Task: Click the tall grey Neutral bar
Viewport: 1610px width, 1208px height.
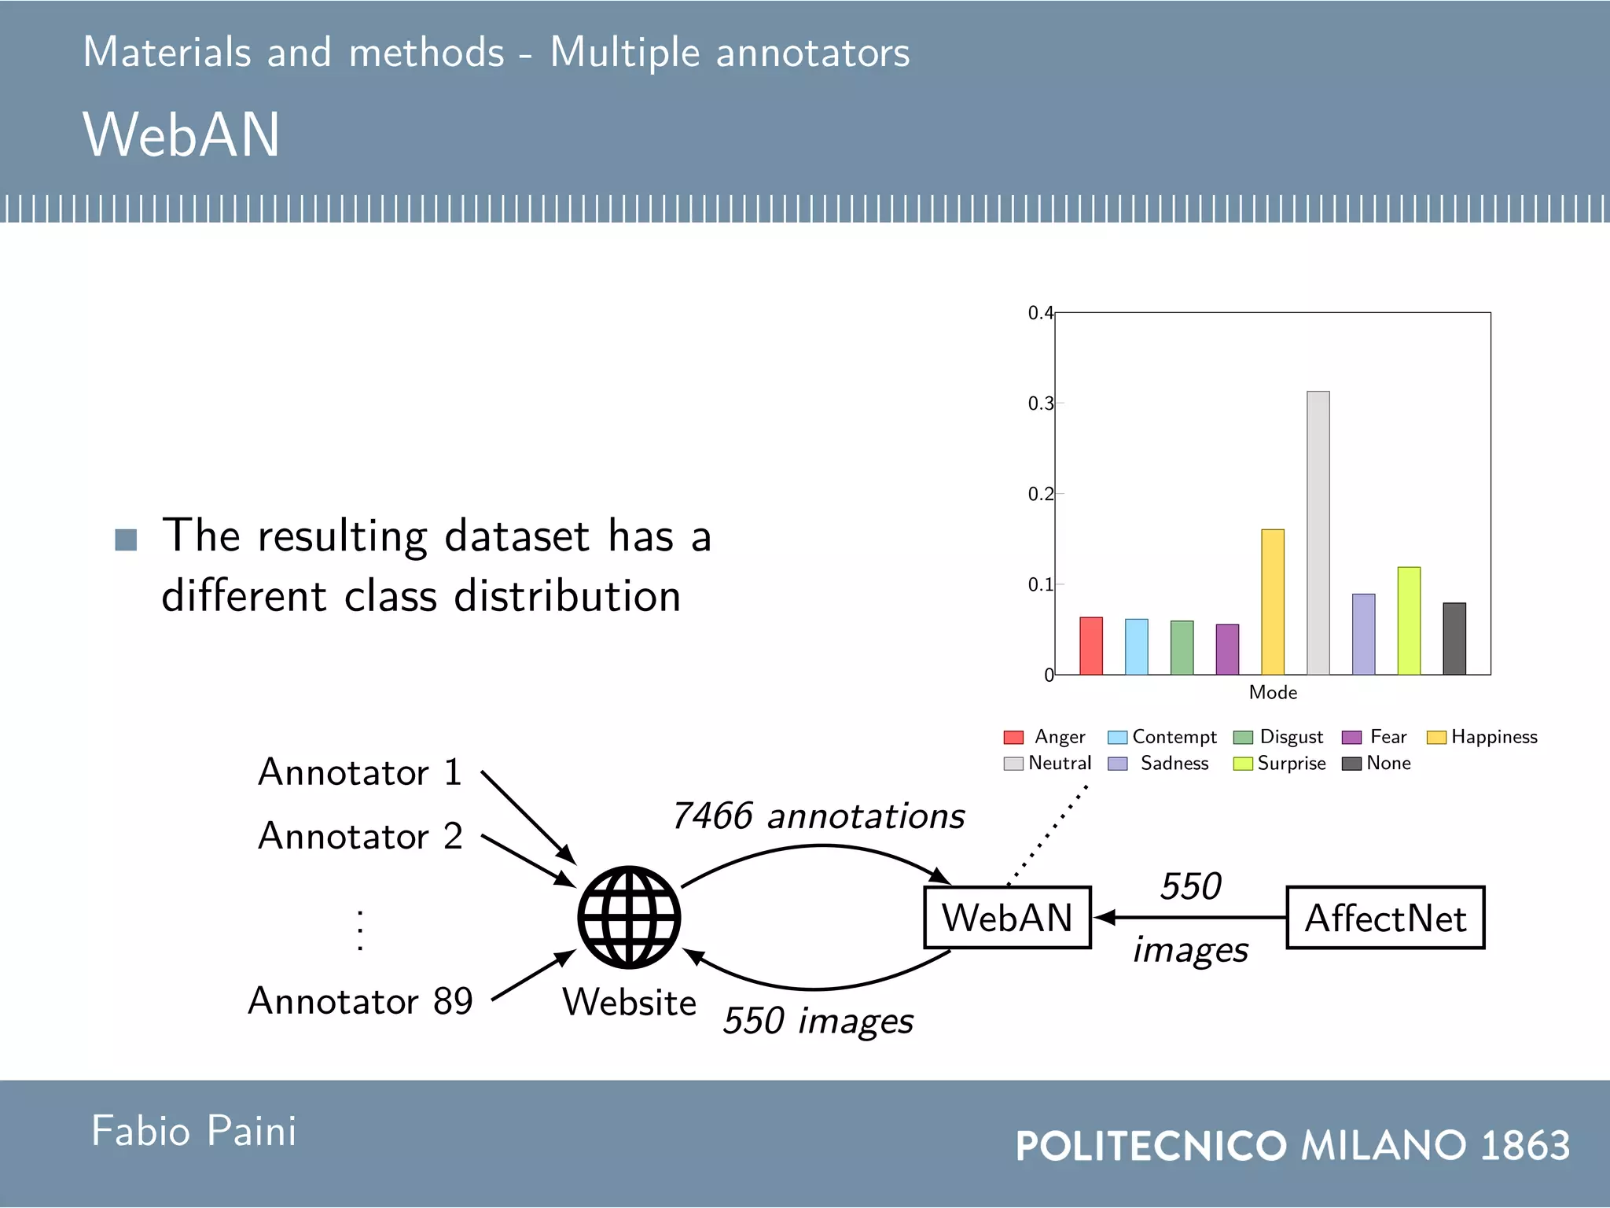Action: [x=1318, y=535]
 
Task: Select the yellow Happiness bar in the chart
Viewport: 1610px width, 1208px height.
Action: [x=1272, y=602]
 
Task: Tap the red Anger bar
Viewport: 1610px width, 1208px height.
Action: [x=1090, y=646]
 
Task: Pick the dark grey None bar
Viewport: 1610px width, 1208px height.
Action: [x=1454, y=639]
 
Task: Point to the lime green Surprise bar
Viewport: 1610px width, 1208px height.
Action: [x=1408, y=621]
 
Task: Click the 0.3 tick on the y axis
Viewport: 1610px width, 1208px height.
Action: [x=1039, y=403]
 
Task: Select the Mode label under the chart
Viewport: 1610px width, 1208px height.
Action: [x=1272, y=693]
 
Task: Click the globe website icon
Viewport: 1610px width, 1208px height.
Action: [x=629, y=917]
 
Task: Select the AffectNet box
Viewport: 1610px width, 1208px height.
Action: [x=1384, y=918]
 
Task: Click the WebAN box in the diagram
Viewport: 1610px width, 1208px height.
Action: [x=1007, y=918]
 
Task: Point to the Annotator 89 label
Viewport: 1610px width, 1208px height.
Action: [x=360, y=1002]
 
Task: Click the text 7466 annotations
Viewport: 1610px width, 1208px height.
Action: [x=818, y=816]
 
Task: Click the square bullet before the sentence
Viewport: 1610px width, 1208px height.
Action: [x=126, y=540]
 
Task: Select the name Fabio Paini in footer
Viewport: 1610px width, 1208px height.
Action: [x=193, y=1132]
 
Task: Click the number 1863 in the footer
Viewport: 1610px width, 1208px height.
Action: [x=1524, y=1146]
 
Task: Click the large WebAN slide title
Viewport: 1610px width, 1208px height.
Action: [x=181, y=135]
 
